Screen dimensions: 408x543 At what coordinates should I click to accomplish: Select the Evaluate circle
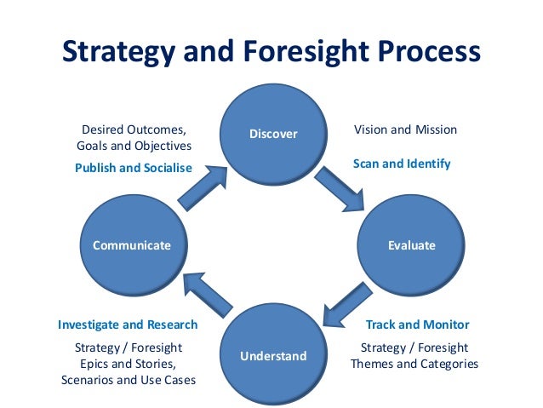point(411,245)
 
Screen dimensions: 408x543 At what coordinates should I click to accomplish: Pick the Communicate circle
point(131,245)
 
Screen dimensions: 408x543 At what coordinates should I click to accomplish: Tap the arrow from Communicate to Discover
point(203,187)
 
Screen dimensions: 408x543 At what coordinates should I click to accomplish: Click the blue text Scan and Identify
point(402,163)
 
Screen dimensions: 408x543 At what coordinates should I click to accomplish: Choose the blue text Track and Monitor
point(417,325)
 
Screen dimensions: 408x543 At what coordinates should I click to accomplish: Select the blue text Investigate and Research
point(128,325)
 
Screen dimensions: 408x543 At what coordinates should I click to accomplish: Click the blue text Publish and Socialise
point(133,168)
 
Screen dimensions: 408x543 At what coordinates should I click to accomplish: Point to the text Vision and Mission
point(405,130)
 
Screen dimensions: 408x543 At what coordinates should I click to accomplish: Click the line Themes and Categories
point(414,364)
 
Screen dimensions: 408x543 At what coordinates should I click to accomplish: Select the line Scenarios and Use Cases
point(129,380)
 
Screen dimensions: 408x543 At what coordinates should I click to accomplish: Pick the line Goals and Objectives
point(134,147)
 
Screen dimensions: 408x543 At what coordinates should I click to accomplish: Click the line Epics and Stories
point(129,364)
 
